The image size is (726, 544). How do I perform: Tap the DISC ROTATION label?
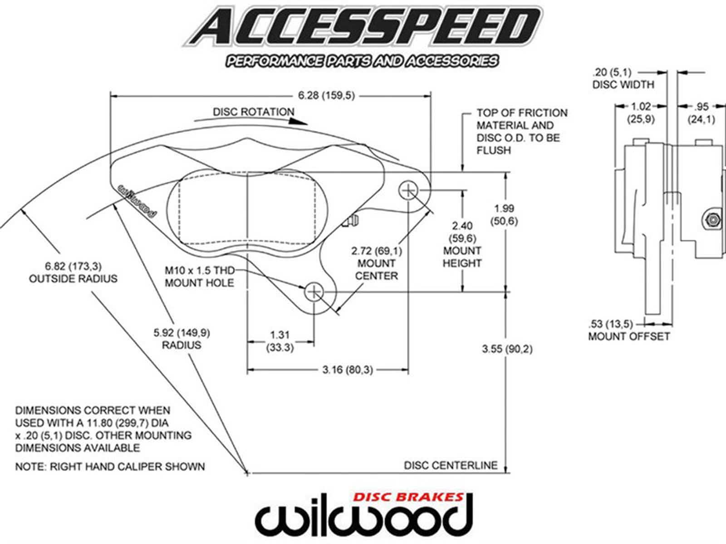click(x=254, y=112)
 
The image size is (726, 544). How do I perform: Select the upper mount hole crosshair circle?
click(x=408, y=190)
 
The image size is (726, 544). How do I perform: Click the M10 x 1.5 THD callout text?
click(x=200, y=271)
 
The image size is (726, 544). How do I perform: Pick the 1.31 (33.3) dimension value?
click(x=280, y=341)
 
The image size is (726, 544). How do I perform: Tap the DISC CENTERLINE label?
click(x=451, y=465)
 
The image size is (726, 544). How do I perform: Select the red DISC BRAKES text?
click(x=408, y=497)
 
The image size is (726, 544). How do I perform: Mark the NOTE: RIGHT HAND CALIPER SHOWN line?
click(x=110, y=466)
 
